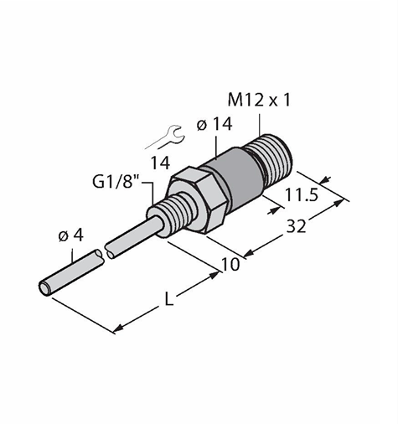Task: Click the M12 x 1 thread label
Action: (x=259, y=100)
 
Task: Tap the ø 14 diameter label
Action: (x=215, y=124)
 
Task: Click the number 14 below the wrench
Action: (x=160, y=163)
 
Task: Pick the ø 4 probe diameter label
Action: (x=71, y=236)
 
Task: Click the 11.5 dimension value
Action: (x=302, y=195)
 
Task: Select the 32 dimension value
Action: (x=297, y=226)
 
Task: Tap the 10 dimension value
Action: (x=230, y=264)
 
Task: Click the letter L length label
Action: (x=168, y=300)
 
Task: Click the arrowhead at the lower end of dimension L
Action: (x=118, y=328)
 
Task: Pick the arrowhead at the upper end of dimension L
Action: (x=215, y=276)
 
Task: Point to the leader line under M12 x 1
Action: (x=260, y=124)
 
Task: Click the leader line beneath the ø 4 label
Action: (x=73, y=255)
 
